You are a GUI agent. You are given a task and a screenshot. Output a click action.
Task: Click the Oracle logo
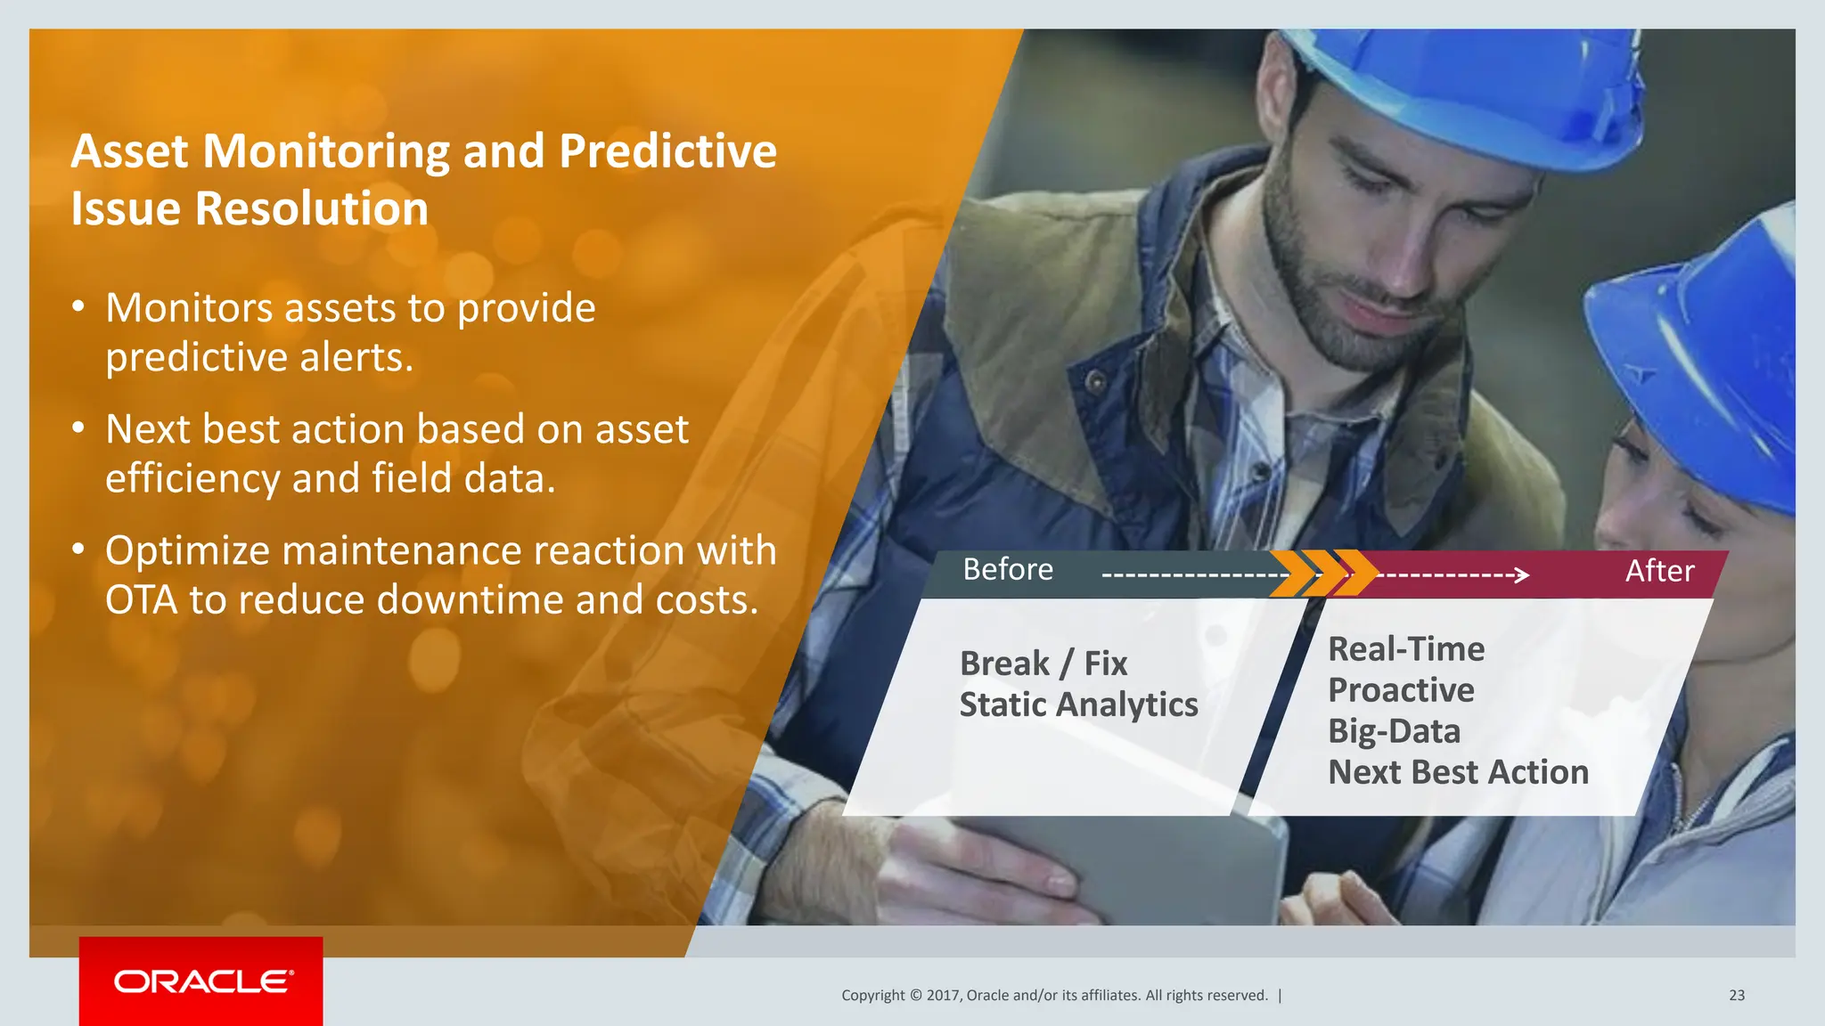[x=202, y=981]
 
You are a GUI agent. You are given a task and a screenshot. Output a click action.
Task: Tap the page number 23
[x=1736, y=995]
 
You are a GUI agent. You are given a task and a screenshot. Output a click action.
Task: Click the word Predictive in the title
[x=667, y=151]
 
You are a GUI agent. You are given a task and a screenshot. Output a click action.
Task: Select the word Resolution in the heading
[x=311, y=208]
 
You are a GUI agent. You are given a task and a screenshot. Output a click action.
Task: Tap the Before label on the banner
[x=1007, y=570]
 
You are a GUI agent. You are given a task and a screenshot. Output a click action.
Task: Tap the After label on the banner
[x=1658, y=571]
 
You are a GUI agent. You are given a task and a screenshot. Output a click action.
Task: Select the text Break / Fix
[x=1043, y=664]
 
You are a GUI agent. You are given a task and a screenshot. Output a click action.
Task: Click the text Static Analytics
[x=1078, y=704]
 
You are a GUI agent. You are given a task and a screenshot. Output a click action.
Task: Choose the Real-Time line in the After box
[x=1405, y=649]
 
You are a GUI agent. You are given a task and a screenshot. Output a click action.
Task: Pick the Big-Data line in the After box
[x=1394, y=731]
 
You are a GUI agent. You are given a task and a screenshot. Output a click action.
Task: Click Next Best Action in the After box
[x=1458, y=772]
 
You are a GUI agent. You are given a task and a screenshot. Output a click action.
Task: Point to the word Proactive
[x=1400, y=690]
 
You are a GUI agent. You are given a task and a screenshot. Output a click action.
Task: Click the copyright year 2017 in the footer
[x=943, y=995]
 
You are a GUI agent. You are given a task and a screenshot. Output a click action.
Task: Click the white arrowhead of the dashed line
[x=1522, y=575]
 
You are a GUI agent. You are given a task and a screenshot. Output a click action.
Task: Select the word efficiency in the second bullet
[x=192, y=479]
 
